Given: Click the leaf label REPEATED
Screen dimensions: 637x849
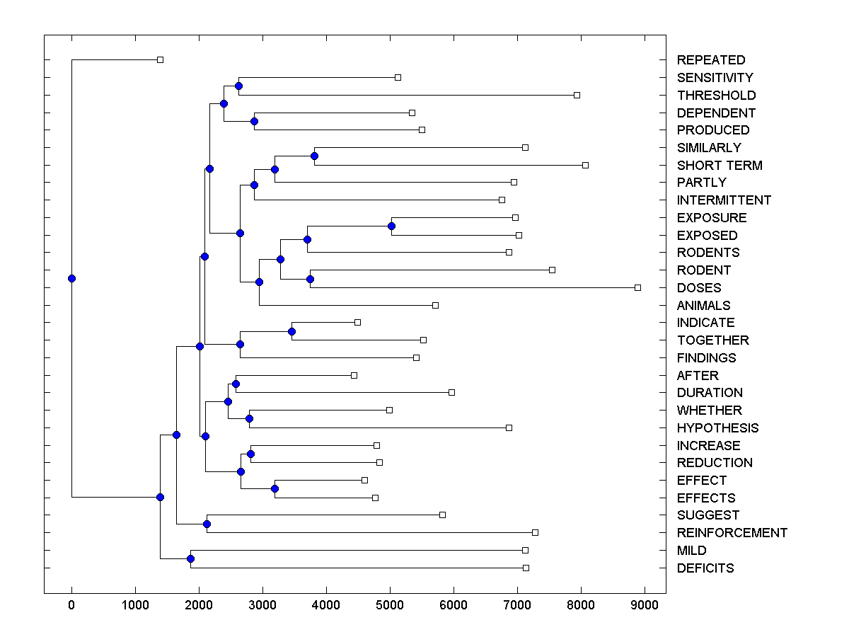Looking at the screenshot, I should click(x=710, y=60).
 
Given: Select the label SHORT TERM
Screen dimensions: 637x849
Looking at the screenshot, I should click(x=719, y=166).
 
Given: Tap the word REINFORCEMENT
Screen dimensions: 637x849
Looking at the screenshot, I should click(x=732, y=533).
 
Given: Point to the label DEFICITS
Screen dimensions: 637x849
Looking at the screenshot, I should click(x=705, y=568).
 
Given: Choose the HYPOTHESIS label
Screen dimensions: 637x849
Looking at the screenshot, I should click(x=717, y=428).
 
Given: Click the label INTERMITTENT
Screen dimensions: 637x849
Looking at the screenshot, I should click(x=723, y=200).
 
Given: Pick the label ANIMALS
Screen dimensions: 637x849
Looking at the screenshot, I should click(x=703, y=306).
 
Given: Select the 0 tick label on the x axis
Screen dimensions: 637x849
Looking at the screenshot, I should click(x=71, y=604).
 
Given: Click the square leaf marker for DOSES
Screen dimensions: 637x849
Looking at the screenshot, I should click(x=637, y=287).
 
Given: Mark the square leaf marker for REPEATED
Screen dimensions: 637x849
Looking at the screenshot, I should click(x=160, y=59).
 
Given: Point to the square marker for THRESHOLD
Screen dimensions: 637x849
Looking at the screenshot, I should click(x=577, y=95).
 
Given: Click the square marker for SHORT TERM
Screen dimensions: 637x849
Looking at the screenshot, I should click(x=585, y=165).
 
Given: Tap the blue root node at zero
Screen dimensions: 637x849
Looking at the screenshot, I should click(x=71, y=278).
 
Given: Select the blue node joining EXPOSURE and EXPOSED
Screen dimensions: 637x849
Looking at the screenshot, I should click(x=391, y=226).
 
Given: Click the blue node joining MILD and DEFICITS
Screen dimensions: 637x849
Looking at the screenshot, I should click(x=190, y=558).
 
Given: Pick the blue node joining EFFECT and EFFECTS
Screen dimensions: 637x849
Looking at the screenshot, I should click(x=275, y=488).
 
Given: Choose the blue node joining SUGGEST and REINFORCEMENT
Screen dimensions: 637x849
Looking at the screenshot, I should click(x=207, y=524).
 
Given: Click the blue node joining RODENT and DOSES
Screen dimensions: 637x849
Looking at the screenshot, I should click(x=310, y=279).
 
